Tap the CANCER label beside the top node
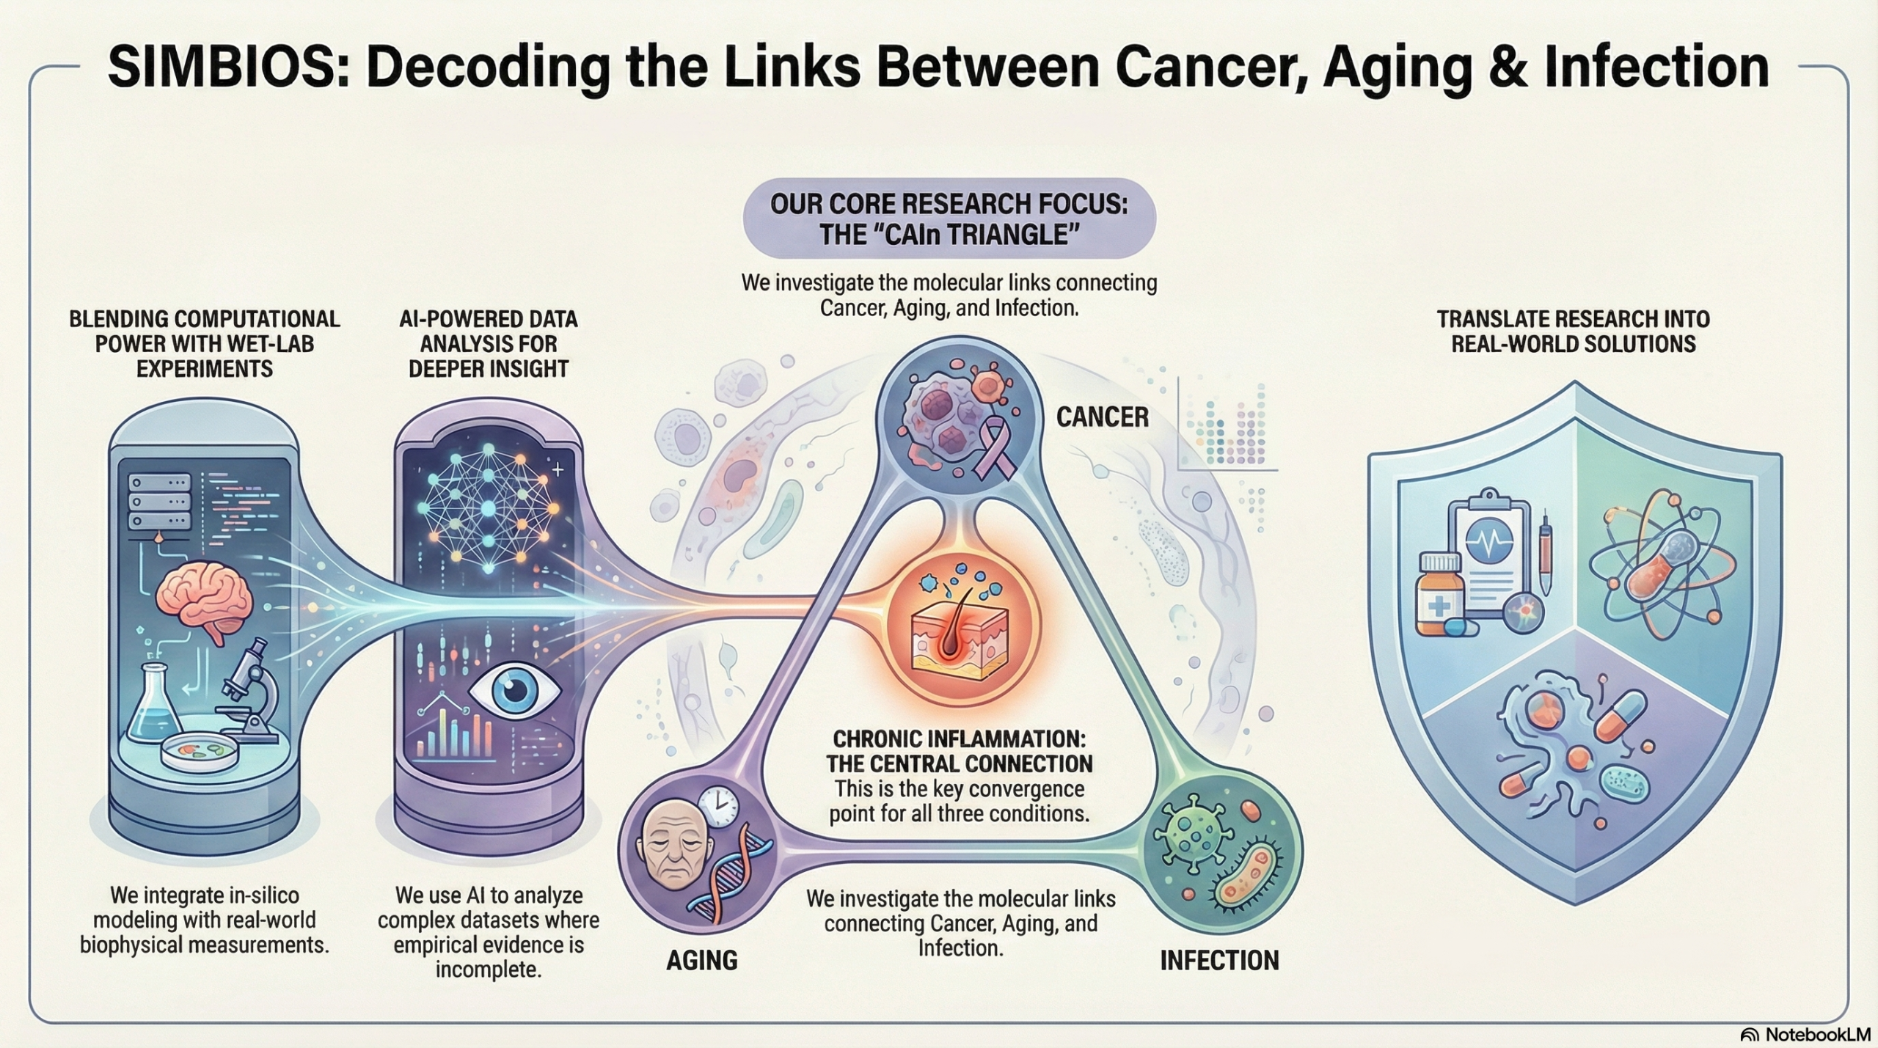[x=1102, y=417]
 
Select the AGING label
[x=701, y=960]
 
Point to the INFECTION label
[x=1219, y=960]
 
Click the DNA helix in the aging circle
[x=737, y=873]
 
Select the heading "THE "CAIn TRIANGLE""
[x=949, y=235]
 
